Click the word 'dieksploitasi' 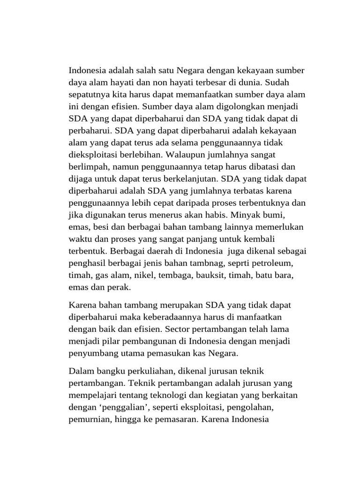93,155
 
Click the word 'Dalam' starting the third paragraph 81,371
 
